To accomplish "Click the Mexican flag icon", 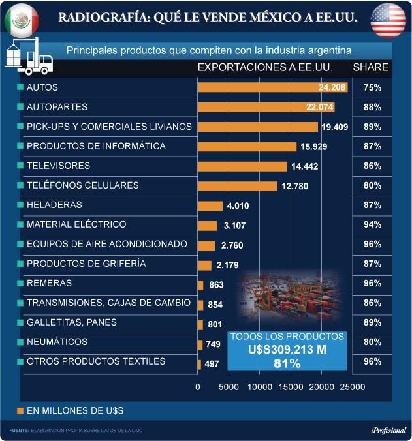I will [22, 20].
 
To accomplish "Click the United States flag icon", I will [388, 20].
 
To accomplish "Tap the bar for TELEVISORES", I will [242, 166].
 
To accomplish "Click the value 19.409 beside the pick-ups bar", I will [338, 127].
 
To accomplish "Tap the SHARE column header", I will [371, 67].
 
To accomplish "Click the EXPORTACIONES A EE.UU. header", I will [265, 67].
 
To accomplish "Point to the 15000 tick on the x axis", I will [291, 387].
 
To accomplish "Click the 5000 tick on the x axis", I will [229, 387].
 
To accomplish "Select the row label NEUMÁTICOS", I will [57, 342].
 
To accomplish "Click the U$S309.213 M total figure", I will [287, 349].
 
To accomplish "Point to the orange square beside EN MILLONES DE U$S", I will [20, 410].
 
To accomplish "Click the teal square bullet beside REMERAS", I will [20, 284].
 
